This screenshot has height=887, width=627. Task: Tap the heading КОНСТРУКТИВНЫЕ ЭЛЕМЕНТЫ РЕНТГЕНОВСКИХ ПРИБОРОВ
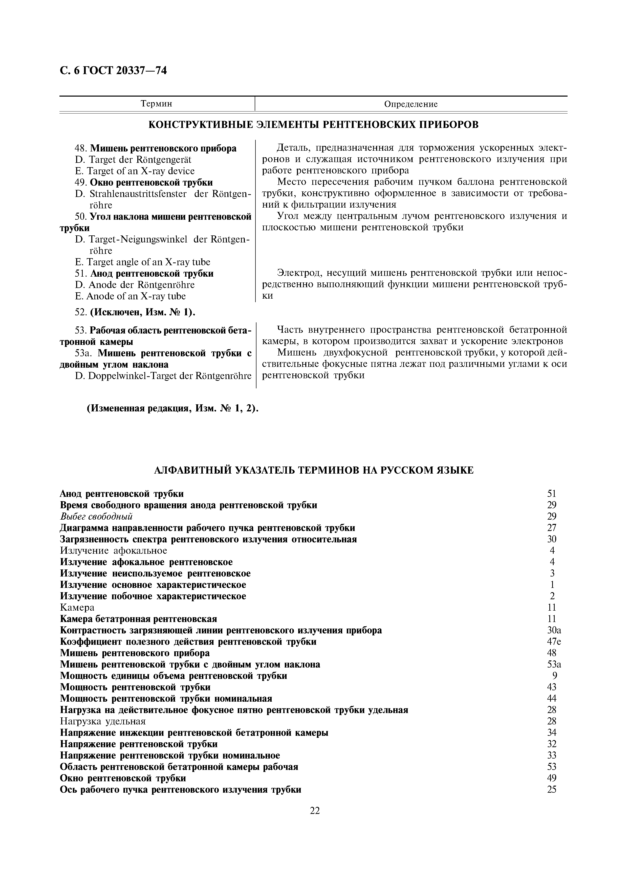pos(313,125)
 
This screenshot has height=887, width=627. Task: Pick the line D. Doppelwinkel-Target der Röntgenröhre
pos(163,376)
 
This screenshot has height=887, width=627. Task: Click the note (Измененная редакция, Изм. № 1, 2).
pos(172,409)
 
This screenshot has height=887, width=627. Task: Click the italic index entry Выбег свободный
pos(97,517)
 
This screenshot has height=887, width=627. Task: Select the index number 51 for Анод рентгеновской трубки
pos(552,494)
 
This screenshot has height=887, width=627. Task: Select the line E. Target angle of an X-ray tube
pos(143,262)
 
